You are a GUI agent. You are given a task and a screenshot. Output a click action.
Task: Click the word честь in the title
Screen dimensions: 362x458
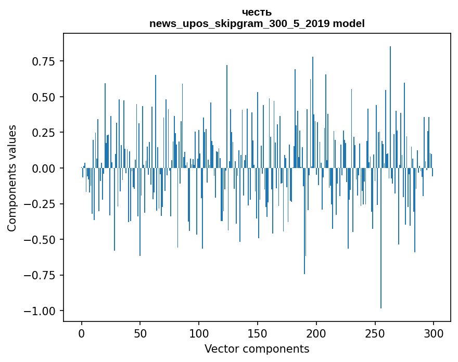click(257, 12)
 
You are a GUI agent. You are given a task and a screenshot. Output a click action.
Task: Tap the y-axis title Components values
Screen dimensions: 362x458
click(12, 178)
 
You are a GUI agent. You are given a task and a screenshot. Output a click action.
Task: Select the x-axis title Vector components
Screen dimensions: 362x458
click(257, 349)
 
